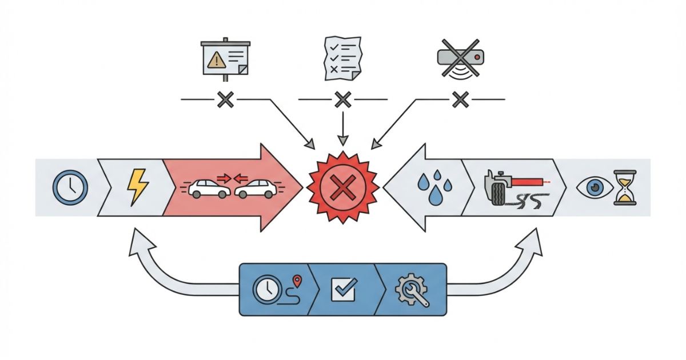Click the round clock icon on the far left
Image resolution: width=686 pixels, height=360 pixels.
(x=70, y=187)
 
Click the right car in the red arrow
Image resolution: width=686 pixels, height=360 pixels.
(x=255, y=189)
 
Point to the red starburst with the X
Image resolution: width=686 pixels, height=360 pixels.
(x=343, y=187)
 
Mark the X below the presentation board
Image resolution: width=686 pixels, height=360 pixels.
(x=225, y=101)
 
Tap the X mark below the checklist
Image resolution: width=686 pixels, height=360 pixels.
(x=342, y=101)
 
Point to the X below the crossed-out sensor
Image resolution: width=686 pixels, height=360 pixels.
(x=460, y=101)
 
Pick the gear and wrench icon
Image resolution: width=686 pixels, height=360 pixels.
(x=412, y=289)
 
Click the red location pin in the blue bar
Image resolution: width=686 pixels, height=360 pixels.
(x=297, y=280)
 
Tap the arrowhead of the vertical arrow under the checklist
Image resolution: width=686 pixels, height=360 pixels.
(x=342, y=140)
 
